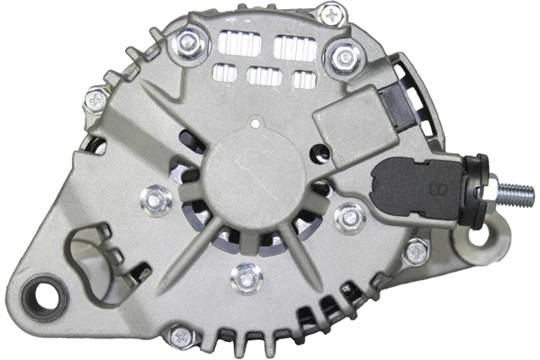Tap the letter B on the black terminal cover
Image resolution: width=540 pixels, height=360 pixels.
pyautogui.click(x=440, y=189)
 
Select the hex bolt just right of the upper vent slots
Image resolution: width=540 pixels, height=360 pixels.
pyautogui.click(x=345, y=58)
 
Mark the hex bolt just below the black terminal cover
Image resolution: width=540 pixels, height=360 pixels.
pyautogui.click(x=349, y=216)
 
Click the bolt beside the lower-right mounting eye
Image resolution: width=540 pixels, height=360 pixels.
pyautogui.click(x=415, y=252)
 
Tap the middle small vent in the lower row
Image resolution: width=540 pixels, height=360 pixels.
pyautogui.click(x=262, y=76)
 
